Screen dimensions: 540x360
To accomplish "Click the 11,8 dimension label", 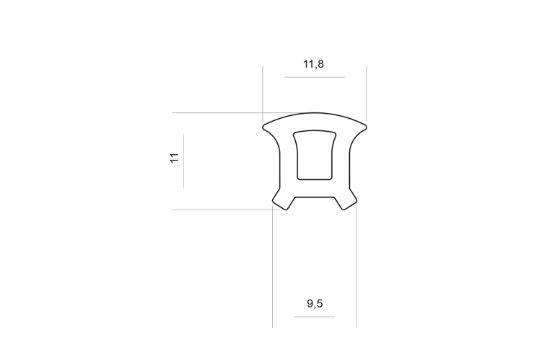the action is point(313,64).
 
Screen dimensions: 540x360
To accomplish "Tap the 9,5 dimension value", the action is point(315,304).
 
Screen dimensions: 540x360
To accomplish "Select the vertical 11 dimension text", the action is point(175,158).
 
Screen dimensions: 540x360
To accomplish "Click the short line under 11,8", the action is point(315,77).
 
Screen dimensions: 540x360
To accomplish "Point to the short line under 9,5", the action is point(315,317).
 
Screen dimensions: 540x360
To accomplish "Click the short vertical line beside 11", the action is point(183,161).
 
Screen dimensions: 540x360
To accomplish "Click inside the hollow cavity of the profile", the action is point(315,155).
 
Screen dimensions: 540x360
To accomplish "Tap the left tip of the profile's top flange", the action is point(263,127).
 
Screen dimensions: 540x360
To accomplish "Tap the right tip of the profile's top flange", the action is point(366,127).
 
